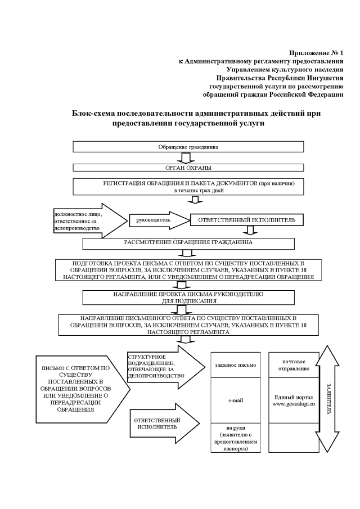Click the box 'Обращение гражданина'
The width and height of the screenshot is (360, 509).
point(188,147)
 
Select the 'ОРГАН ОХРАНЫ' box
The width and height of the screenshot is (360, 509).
point(188,167)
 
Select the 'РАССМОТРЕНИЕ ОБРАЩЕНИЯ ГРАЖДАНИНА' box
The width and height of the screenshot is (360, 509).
point(188,244)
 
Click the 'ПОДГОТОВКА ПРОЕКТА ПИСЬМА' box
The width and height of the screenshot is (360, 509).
point(188,270)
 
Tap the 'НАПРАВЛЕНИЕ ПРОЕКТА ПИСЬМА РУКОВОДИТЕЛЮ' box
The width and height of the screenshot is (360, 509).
point(188,298)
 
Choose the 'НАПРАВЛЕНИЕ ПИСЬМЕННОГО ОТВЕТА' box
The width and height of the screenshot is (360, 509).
point(188,325)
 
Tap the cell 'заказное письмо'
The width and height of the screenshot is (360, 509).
point(235,365)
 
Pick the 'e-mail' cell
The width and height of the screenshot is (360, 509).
point(235,399)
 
